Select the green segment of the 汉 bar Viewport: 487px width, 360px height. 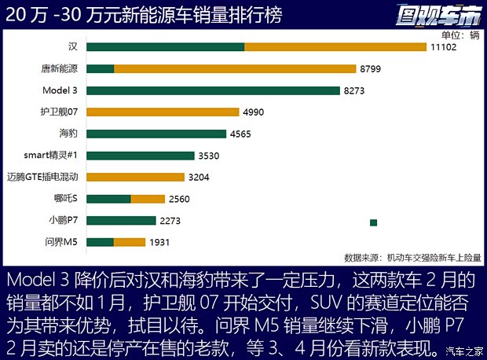[165, 47]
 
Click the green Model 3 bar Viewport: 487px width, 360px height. [213, 90]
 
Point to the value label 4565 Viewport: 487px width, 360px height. [240, 134]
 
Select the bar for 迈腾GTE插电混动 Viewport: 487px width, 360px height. [135, 177]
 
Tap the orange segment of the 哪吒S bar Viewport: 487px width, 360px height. [148, 199]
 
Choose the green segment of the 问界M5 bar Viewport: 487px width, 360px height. [100, 242]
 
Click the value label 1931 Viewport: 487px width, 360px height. [160, 242]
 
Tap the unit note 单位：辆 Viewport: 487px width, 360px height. [460, 35]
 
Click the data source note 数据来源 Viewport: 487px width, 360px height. [412, 257]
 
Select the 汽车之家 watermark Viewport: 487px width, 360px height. [463, 351]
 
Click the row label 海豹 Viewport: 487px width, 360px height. [68, 134]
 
